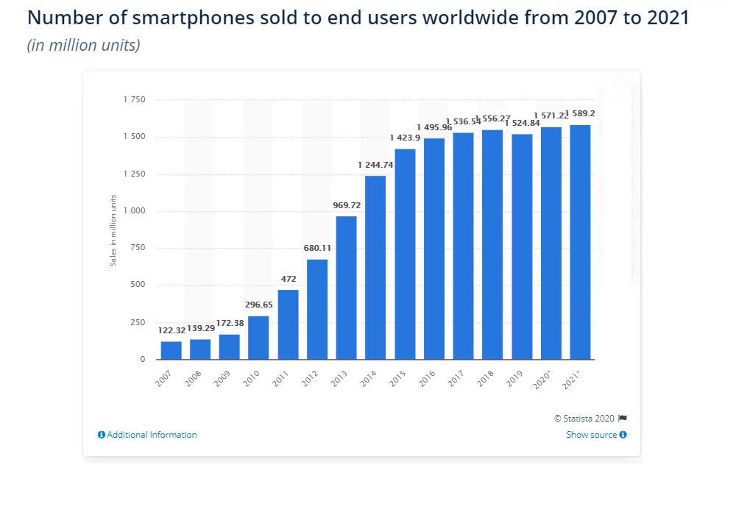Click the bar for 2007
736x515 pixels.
(171, 350)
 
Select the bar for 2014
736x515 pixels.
(375, 268)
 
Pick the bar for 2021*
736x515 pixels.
(580, 242)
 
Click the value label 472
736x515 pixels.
(289, 279)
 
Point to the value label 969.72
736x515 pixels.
(347, 205)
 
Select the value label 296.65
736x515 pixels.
(258, 305)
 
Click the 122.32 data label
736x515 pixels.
(171, 330)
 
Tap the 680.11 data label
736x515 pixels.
(317, 248)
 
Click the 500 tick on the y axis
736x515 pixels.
(138, 285)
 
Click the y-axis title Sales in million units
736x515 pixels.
(114, 230)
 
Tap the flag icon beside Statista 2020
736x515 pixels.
(623, 418)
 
